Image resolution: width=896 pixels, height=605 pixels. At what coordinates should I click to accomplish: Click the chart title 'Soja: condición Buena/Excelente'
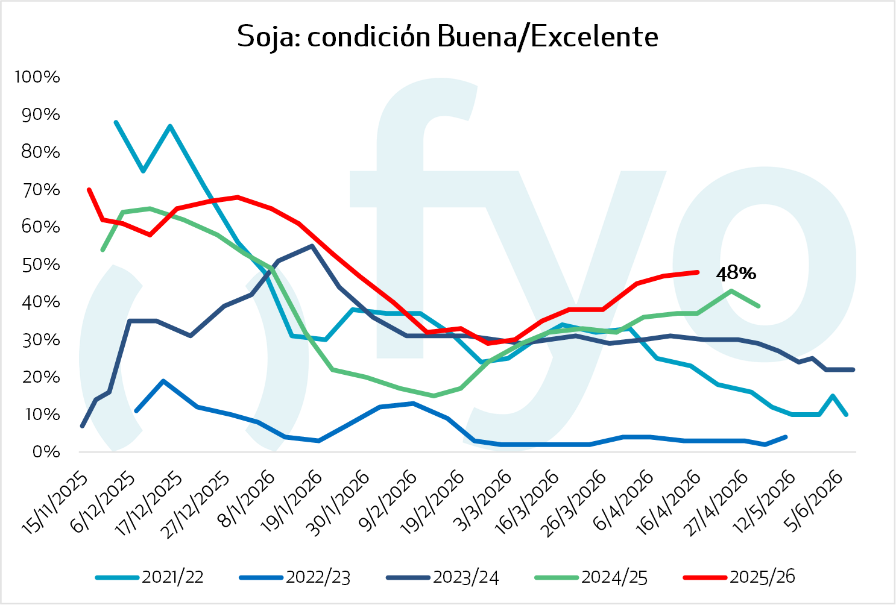pyautogui.click(x=447, y=37)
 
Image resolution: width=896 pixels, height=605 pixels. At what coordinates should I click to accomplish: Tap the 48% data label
pyautogui.click(x=736, y=274)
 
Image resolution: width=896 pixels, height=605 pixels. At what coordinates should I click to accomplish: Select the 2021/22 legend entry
pyautogui.click(x=172, y=577)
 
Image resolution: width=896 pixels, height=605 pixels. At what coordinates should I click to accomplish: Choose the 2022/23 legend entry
pyautogui.click(x=318, y=577)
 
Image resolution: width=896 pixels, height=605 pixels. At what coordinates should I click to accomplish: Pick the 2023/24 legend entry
pyautogui.click(x=465, y=577)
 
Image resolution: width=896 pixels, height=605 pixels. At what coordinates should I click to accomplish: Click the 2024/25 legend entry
pyautogui.click(x=614, y=577)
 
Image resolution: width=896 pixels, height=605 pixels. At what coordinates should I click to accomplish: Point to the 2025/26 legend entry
pyautogui.click(x=762, y=577)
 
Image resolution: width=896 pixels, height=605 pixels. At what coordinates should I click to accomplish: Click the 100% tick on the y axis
pyautogui.click(x=37, y=77)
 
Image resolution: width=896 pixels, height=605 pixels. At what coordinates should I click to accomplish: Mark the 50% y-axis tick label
pyautogui.click(x=41, y=265)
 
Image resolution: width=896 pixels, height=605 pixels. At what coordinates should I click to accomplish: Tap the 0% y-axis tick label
pyautogui.click(x=45, y=452)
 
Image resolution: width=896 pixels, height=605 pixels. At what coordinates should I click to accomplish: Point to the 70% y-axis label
pyautogui.click(x=41, y=190)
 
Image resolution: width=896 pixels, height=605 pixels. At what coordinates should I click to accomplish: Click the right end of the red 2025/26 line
pyautogui.click(x=698, y=272)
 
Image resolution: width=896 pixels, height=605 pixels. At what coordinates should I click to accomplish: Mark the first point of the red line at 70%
pyautogui.click(x=89, y=189)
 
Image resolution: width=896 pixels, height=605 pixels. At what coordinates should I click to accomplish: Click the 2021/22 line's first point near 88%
pyautogui.click(x=116, y=122)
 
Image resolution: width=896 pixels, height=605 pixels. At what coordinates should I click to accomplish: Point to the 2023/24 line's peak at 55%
pyautogui.click(x=311, y=246)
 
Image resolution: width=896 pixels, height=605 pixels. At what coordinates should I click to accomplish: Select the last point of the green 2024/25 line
pyautogui.click(x=759, y=306)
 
